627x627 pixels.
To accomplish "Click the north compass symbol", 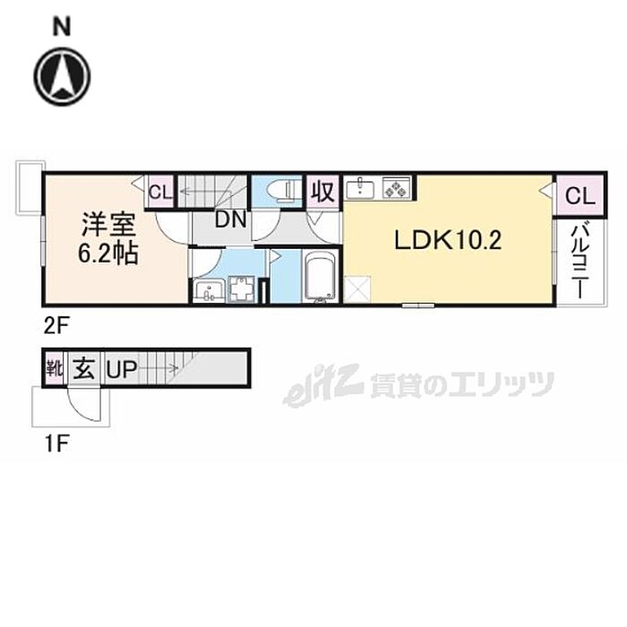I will click(x=62, y=75).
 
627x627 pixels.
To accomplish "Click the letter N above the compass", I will click(x=62, y=28).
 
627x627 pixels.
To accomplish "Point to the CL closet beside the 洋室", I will click(x=160, y=191).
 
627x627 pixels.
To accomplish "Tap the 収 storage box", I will click(x=322, y=191).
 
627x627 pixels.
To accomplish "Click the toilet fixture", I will click(x=285, y=190).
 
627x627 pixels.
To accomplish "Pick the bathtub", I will click(x=320, y=275).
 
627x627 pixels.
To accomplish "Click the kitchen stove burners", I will click(x=395, y=187).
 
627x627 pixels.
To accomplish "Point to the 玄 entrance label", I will click(x=83, y=369).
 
